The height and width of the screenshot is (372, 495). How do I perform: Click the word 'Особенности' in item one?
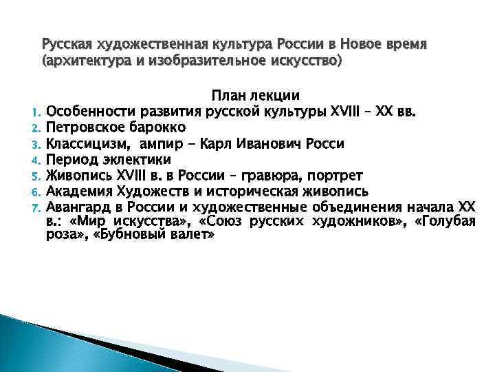(89, 112)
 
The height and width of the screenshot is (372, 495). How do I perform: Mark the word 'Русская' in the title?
(67, 45)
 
